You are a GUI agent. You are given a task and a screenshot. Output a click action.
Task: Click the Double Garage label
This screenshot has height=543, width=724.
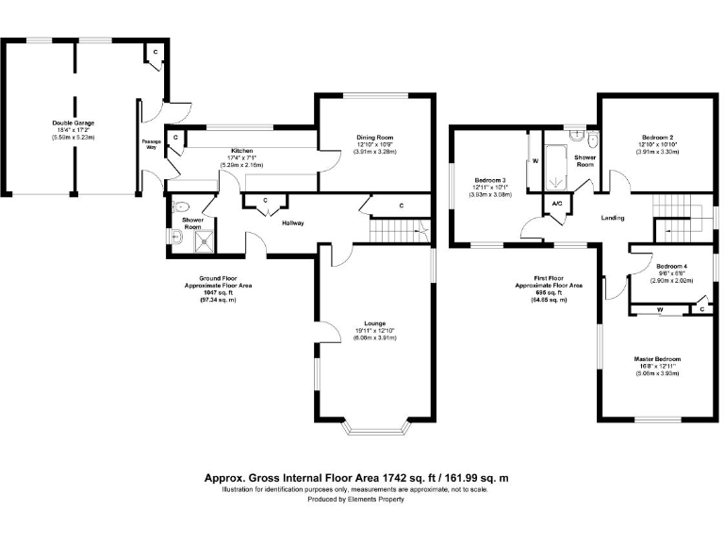click(73, 123)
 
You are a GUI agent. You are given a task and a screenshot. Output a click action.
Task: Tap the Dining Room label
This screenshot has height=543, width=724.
click(375, 137)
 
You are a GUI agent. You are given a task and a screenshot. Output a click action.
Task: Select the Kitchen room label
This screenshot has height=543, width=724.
click(242, 151)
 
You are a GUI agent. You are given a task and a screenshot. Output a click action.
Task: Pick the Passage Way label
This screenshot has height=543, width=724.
click(151, 144)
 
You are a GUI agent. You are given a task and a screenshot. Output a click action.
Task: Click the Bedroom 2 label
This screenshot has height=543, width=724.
click(657, 137)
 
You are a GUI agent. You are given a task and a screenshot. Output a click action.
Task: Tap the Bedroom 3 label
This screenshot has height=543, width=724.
click(490, 179)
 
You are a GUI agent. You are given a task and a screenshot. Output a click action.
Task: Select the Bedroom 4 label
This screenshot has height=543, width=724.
click(672, 266)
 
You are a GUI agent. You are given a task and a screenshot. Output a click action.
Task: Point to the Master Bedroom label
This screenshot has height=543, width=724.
click(657, 359)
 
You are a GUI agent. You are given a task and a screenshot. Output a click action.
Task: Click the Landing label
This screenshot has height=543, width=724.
click(613, 218)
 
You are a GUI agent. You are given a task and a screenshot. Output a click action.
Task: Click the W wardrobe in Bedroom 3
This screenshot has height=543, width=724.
click(535, 161)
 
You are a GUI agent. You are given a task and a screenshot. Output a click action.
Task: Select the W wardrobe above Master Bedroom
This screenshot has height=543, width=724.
click(660, 309)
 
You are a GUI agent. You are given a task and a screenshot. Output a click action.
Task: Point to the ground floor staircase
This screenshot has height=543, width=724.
click(396, 228)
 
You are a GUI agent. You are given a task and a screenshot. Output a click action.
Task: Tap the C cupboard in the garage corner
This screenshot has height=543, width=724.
click(155, 53)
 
